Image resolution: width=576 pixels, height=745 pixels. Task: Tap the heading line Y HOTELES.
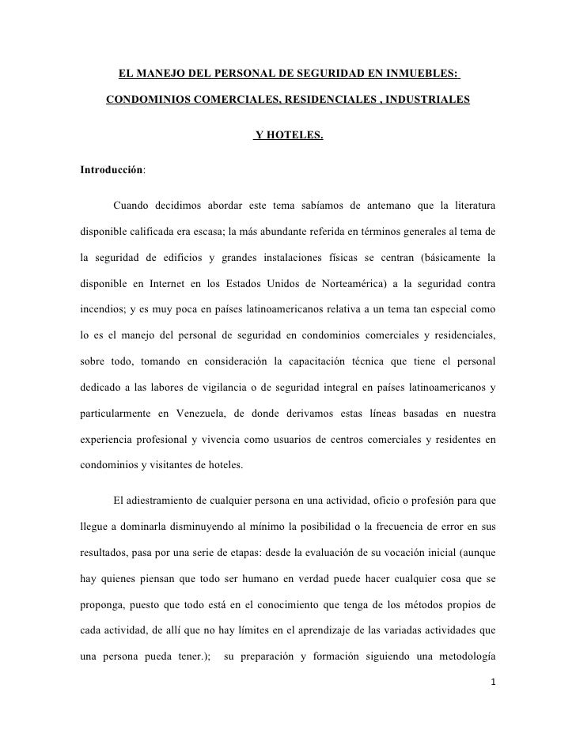coord(289,136)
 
